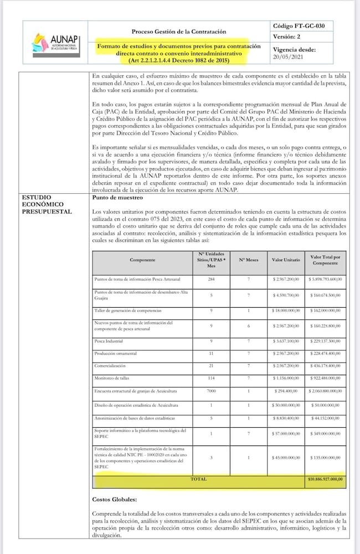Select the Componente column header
(142, 260)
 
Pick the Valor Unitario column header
(286, 260)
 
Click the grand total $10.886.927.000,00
(325, 479)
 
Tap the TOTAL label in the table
(198, 479)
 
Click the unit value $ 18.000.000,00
(286, 311)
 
